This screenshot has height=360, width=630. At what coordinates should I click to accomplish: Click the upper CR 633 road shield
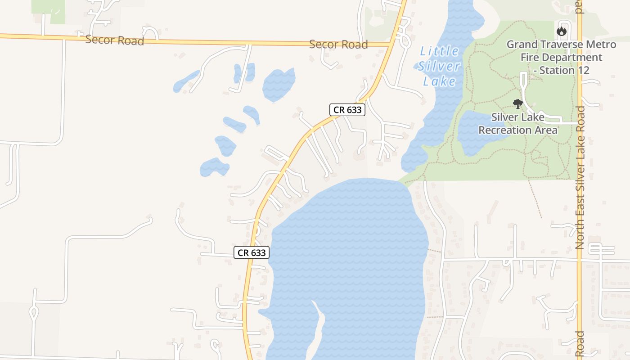[x=347, y=110]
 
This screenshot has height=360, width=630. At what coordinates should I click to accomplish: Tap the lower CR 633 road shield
[x=252, y=252]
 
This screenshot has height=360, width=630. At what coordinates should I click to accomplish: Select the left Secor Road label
[x=115, y=40]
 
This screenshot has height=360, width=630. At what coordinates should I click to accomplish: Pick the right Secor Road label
[x=338, y=45]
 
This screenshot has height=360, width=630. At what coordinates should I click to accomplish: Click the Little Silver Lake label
[x=438, y=66]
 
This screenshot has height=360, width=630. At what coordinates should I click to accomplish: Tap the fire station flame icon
[x=561, y=31]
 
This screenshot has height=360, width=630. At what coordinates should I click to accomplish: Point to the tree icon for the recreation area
[x=517, y=104]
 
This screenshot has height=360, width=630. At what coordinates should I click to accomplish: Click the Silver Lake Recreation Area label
[x=517, y=124]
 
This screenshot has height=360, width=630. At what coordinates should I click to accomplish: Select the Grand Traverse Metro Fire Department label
[x=561, y=57]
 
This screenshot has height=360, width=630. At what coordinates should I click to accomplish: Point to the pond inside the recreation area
[x=477, y=133]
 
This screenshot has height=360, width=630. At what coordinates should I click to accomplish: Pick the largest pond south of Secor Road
[x=279, y=84]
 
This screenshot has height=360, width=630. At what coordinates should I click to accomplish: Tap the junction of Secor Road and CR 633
[x=390, y=44]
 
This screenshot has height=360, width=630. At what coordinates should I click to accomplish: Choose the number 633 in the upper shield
[x=354, y=110]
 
